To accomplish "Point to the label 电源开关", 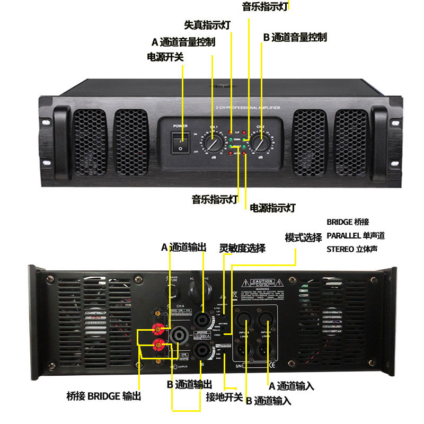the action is [x=165, y=57].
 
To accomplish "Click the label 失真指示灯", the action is [x=207, y=25].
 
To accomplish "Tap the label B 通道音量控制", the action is [x=295, y=38].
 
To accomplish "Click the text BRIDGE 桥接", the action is [x=348, y=222].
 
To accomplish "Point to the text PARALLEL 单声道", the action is [x=356, y=235].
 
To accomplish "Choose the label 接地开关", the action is [x=224, y=397].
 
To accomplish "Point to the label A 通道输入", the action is [x=291, y=386].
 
